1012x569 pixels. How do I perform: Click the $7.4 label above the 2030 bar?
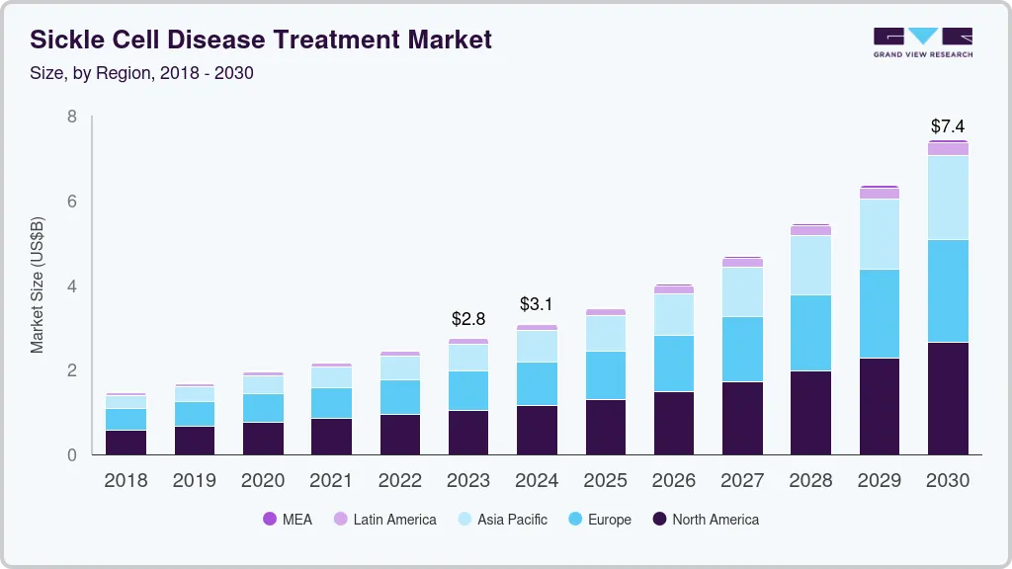point(948,126)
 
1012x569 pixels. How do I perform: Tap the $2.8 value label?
point(468,319)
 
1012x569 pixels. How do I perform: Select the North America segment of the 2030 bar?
point(948,398)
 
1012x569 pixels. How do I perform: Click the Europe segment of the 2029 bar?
point(879,313)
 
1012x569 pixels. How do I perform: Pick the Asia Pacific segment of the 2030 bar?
point(948,198)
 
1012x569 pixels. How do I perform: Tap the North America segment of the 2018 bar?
point(126,443)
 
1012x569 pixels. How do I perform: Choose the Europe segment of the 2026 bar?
point(673,364)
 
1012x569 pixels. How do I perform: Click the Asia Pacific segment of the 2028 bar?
point(810,265)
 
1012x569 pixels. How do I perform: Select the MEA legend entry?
point(287,519)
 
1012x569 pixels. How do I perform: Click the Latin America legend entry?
point(384,519)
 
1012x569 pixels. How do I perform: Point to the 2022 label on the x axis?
point(399,481)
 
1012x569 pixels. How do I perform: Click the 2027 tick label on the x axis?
point(742,481)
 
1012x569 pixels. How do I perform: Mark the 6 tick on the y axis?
point(72,202)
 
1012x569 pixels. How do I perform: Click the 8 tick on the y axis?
point(72,117)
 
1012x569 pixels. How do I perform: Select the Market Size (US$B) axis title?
point(38,285)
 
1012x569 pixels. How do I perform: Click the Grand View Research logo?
point(922,41)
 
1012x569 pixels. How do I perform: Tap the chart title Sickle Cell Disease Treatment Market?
point(261,41)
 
